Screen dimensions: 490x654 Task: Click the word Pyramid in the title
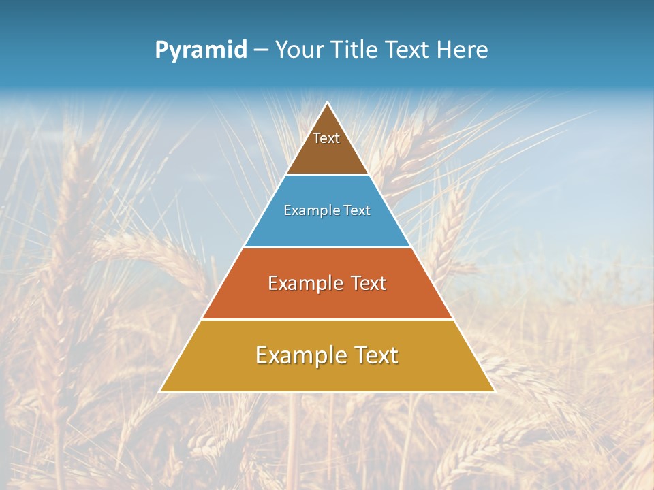pos(200,50)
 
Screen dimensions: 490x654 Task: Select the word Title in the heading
pos(354,50)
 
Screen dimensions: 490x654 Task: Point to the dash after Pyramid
pos(261,50)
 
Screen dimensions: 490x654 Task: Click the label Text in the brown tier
pos(326,138)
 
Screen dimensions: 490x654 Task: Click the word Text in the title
pos(407,50)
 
